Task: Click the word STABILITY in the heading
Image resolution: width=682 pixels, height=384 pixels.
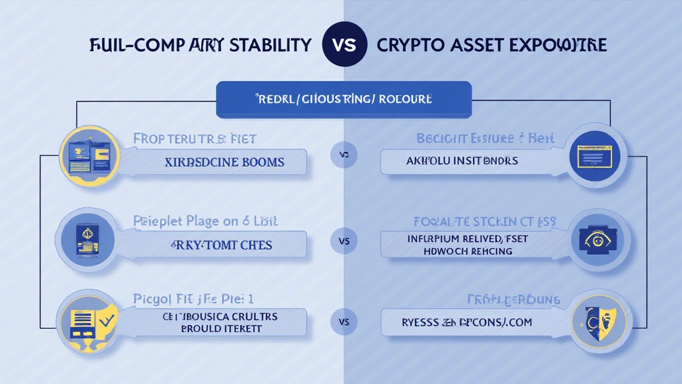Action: click(270, 45)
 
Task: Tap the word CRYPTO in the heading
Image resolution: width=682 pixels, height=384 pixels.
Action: click(408, 45)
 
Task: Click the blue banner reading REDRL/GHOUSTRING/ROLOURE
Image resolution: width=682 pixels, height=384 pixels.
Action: click(344, 99)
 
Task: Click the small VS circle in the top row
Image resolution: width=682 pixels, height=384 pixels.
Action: click(344, 155)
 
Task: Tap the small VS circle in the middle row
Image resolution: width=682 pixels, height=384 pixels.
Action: click(344, 241)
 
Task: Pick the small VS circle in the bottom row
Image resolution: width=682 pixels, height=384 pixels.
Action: click(344, 322)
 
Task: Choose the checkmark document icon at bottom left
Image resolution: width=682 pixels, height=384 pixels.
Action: click(89, 321)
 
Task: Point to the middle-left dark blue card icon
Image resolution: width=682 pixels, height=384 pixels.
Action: click(89, 238)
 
